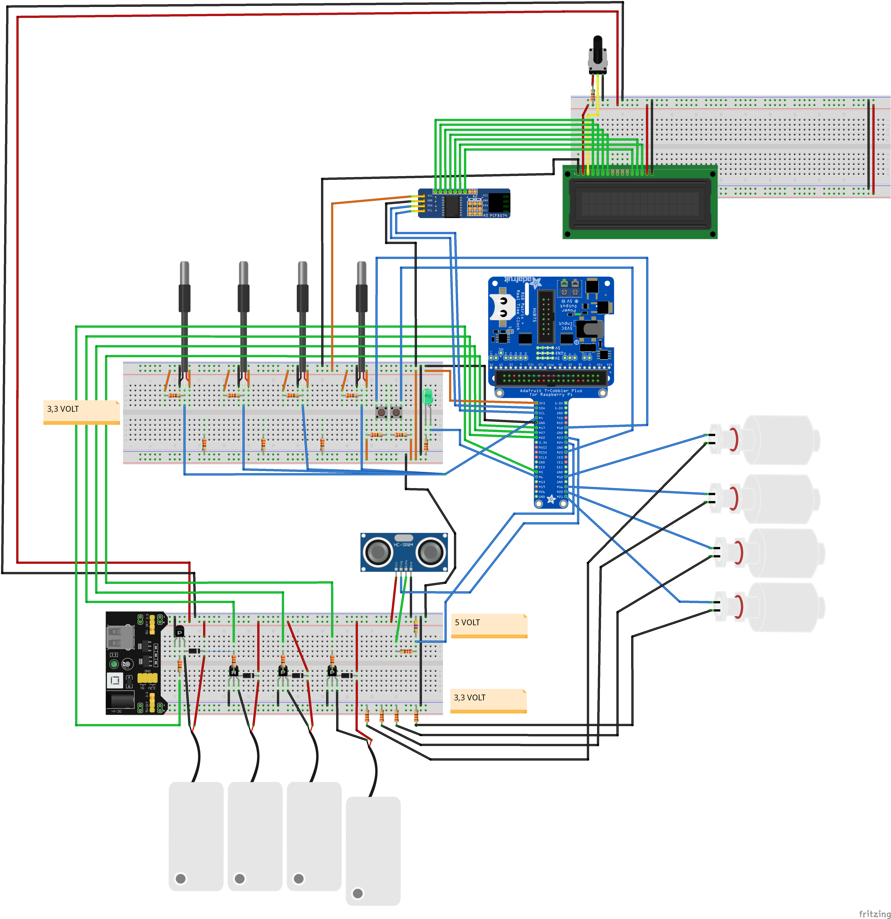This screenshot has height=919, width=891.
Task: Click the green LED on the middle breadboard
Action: [x=427, y=397]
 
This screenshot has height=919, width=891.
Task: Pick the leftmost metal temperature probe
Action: [x=184, y=286]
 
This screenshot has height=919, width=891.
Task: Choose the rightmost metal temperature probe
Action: [x=362, y=286]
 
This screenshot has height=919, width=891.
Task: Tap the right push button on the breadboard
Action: [x=396, y=413]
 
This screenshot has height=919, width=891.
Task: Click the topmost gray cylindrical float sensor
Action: [x=779, y=440]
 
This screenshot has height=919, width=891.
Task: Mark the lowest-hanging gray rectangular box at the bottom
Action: [x=373, y=851]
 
